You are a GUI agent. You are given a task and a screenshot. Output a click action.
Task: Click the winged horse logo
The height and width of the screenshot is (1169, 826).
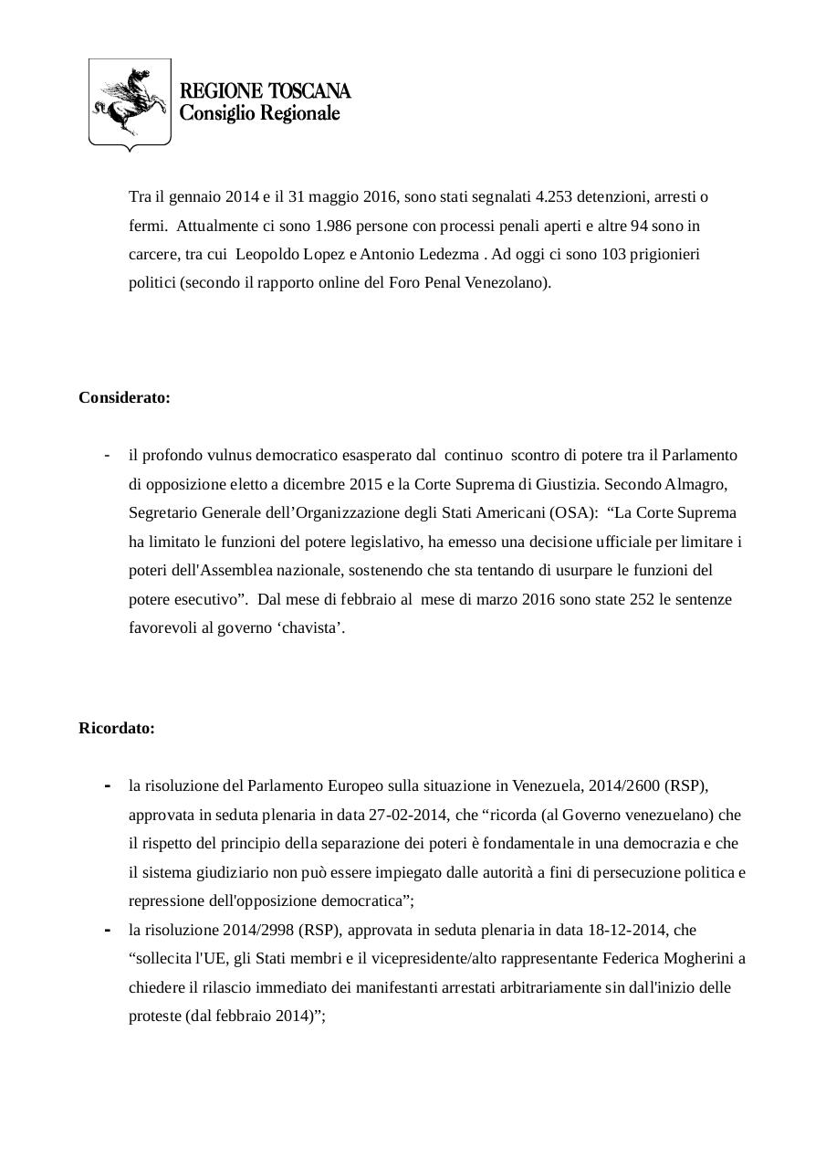[130, 101]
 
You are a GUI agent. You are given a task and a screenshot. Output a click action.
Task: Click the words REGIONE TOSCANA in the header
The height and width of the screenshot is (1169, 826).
[265, 91]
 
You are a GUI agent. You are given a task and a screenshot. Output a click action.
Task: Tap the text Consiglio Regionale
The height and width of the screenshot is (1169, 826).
[259, 113]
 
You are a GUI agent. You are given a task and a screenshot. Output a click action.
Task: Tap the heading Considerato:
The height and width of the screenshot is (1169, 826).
[124, 398]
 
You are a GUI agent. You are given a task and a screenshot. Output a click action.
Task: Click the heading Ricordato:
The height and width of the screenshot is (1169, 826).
[117, 729]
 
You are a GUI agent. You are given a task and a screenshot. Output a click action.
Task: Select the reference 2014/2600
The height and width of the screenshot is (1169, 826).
[625, 785]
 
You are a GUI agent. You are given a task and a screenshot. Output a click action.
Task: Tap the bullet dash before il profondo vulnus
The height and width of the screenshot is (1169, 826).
[108, 455]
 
